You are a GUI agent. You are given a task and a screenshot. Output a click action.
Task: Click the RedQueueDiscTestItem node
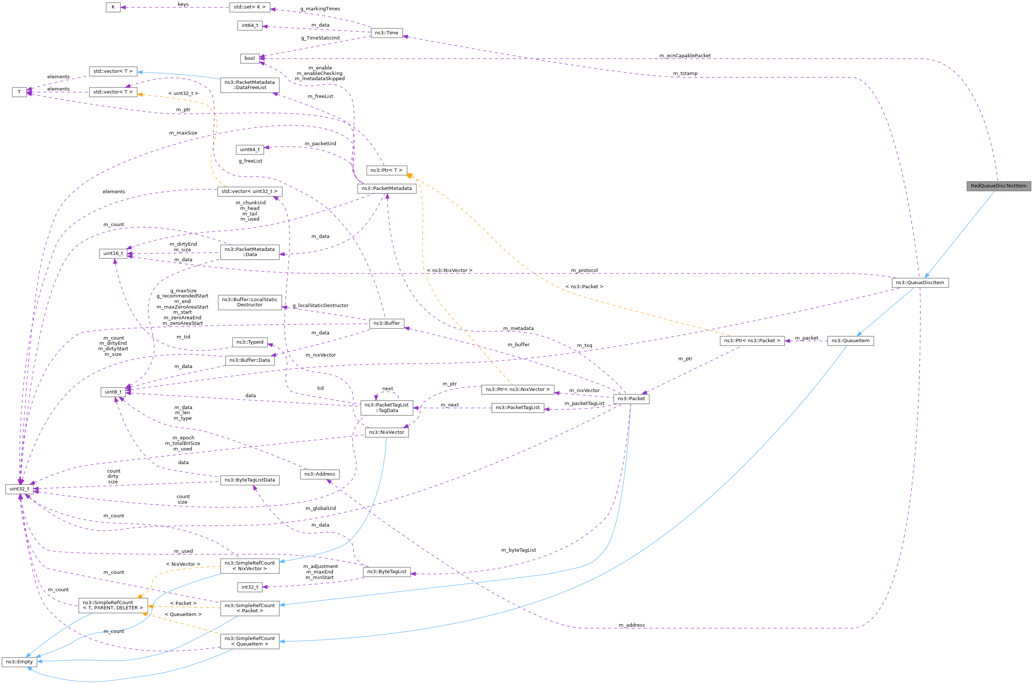click(998, 186)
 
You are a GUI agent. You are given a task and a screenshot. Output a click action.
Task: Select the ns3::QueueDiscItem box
click(920, 283)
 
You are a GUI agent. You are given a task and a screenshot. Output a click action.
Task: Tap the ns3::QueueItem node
click(850, 341)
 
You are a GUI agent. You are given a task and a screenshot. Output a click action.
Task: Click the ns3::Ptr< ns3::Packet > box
click(752, 341)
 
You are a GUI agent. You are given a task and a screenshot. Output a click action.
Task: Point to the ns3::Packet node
click(631, 399)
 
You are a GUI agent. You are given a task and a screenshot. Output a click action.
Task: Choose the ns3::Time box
click(386, 33)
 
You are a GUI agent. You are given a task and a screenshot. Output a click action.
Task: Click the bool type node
click(249, 58)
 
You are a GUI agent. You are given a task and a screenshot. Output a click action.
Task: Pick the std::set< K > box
click(249, 7)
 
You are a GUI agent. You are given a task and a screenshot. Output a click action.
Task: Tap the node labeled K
click(113, 7)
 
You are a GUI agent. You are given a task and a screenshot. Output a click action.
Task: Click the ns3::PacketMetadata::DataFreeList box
click(249, 85)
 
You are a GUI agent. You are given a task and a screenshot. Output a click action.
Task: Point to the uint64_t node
click(250, 150)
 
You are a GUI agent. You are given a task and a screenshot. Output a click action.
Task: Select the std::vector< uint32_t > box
click(249, 191)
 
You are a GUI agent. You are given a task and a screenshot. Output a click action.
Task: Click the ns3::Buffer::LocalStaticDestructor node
click(249, 302)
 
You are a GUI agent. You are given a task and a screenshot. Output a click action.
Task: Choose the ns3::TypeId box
click(249, 343)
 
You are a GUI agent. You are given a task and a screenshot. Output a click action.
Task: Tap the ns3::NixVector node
click(386, 432)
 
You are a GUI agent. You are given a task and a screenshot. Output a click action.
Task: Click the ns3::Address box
click(320, 474)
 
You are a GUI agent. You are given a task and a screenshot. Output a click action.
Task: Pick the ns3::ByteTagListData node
click(249, 480)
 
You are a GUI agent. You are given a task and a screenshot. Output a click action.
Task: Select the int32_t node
click(250, 587)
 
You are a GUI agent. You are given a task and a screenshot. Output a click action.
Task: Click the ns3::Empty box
click(19, 662)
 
